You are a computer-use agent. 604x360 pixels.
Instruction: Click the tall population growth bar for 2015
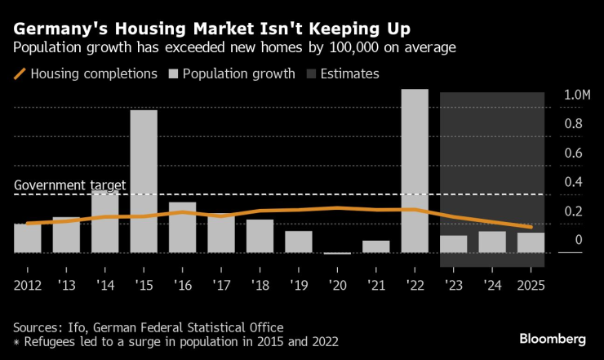(144, 181)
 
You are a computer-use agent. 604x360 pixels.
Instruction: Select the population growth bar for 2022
(415, 171)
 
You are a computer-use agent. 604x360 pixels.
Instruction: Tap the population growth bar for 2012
(28, 238)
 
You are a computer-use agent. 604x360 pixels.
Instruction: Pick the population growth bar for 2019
(299, 242)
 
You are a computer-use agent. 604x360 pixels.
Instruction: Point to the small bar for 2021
(376, 247)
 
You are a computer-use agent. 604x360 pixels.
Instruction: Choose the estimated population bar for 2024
(492, 242)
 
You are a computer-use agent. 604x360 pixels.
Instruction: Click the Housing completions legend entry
(86, 73)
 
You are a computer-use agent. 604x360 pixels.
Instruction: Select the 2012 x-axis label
(28, 285)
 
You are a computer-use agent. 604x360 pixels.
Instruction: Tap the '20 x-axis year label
(337, 285)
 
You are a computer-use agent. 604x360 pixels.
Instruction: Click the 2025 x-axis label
(530, 285)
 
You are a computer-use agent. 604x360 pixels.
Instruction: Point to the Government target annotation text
(70, 185)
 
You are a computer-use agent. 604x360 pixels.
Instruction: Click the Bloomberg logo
(553, 338)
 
